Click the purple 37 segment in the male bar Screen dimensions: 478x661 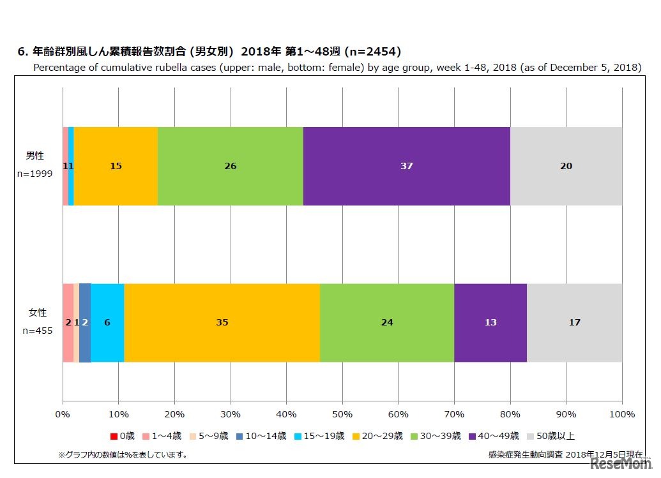(407, 166)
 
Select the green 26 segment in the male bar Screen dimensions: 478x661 (231, 166)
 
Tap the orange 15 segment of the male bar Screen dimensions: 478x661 (116, 166)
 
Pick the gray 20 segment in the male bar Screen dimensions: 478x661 (566, 166)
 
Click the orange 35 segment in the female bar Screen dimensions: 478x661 (222, 322)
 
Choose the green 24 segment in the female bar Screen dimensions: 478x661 (387, 322)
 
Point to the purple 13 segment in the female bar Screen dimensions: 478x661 (490, 322)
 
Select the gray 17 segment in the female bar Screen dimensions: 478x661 (575, 322)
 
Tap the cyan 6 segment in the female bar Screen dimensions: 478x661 (107, 322)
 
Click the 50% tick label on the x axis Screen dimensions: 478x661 (342, 415)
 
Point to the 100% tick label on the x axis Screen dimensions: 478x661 (622, 415)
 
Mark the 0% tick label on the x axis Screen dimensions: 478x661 (63, 415)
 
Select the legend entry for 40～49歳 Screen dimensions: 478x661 (494, 437)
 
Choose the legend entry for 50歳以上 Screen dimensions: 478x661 (551, 437)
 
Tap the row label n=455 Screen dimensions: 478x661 (36, 331)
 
